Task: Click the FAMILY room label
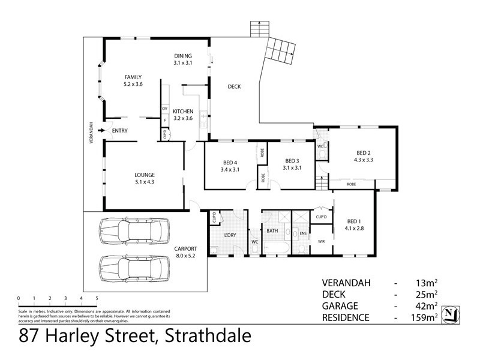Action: [133, 77]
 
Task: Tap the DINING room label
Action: [182, 55]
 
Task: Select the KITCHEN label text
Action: [183, 112]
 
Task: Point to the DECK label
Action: [234, 86]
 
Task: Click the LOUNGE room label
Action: [145, 175]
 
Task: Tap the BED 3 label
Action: [292, 161]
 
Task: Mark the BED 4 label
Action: [230, 162]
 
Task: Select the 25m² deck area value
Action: [427, 294]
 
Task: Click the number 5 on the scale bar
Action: [97, 298]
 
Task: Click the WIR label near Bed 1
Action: [321, 242]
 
